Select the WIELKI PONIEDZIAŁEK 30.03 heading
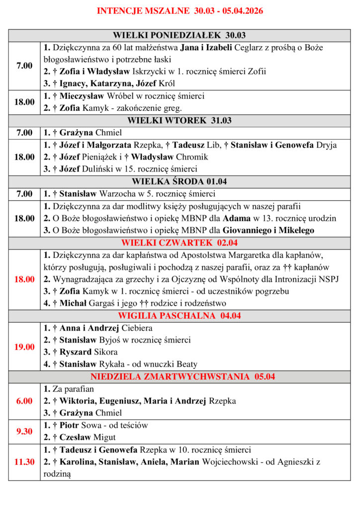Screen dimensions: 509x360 click(180, 35)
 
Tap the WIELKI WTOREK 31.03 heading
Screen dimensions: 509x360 click(180, 120)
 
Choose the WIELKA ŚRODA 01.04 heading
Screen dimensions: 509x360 click(180, 181)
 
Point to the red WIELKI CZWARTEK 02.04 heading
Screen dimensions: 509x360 click(180, 243)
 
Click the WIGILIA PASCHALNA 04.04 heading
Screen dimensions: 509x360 click(180, 316)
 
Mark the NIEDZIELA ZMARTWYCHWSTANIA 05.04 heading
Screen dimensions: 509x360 click(180, 376)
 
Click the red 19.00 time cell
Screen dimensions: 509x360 click(24, 346)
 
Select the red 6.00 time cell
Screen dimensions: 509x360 click(24, 401)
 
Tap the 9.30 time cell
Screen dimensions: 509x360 click(24, 431)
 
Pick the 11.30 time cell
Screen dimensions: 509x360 click(24, 462)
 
